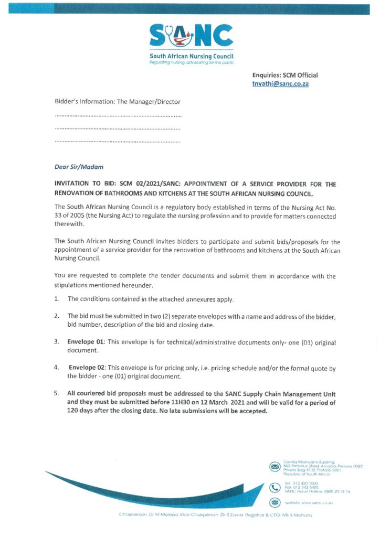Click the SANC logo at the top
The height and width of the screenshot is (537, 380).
(191, 37)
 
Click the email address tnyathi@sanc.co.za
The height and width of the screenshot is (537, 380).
(280, 84)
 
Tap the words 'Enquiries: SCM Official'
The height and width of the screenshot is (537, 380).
(285, 75)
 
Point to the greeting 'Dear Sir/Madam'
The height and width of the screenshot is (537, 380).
(79, 167)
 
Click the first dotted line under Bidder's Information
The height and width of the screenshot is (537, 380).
(118, 115)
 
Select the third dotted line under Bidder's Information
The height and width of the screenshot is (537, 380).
(118, 142)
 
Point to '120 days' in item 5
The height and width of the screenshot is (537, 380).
(79, 411)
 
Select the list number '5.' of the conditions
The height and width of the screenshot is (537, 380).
(56, 393)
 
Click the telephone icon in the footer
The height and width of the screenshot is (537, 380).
(274, 487)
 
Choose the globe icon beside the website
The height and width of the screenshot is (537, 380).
(274, 502)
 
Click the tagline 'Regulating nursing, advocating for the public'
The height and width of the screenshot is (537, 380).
(191, 62)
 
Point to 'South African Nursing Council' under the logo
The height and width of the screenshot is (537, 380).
(191, 56)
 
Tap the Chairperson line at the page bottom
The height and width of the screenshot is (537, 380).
(215, 514)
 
